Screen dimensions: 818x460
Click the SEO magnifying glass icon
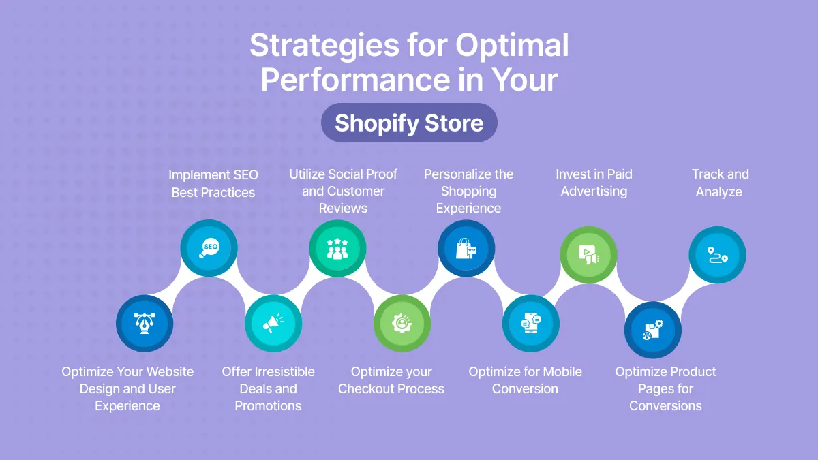(x=209, y=248)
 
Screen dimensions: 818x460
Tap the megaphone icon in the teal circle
(x=273, y=323)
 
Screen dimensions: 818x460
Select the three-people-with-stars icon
(x=337, y=248)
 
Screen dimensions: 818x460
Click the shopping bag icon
(x=466, y=248)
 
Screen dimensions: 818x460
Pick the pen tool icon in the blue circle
(x=145, y=323)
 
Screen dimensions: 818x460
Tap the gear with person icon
(x=402, y=323)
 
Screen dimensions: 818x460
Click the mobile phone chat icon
(x=531, y=323)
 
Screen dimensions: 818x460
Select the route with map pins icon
(x=718, y=255)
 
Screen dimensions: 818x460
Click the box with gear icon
(x=653, y=330)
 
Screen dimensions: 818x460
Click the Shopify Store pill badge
(x=409, y=123)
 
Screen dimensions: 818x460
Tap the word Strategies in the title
(x=324, y=45)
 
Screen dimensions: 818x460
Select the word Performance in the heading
(x=356, y=80)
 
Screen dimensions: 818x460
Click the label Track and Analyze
(x=720, y=183)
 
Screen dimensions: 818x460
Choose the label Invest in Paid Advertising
(x=594, y=183)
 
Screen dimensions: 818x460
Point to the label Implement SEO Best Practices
(x=213, y=183)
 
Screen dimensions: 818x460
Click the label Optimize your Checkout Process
(x=391, y=380)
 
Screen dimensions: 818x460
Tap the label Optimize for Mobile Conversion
(x=525, y=380)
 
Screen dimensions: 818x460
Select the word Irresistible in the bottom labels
(x=284, y=371)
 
